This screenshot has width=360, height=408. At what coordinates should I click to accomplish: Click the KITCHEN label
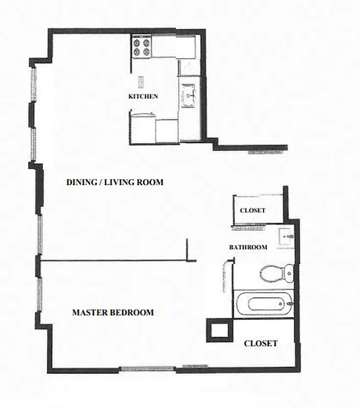click(143, 96)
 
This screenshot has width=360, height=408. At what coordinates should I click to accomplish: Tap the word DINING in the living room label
click(81, 182)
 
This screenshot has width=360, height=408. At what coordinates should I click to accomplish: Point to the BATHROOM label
click(248, 247)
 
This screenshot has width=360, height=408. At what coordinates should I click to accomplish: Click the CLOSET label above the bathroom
click(253, 211)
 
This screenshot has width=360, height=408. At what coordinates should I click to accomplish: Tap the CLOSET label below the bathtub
click(261, 343)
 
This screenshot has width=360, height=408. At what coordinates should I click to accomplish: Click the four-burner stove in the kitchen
click(142, 47)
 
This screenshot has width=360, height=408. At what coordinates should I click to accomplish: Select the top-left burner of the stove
click(137, 42)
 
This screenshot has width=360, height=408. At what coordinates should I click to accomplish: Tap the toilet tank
click(289, 273)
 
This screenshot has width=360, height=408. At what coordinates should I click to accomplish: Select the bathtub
click(265, 304)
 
